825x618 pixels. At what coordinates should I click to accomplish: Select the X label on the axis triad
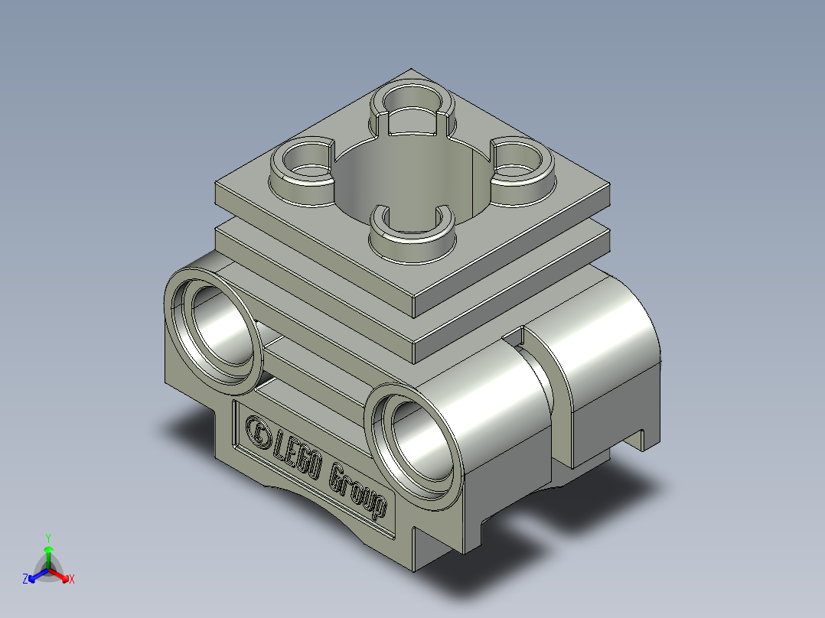(x=72, y=580)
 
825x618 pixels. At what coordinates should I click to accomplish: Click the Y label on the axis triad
(x=47, y=537)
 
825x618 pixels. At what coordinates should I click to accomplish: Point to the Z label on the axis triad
(x=25, y=580)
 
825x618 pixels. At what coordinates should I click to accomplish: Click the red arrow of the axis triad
(x=61, y=574)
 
